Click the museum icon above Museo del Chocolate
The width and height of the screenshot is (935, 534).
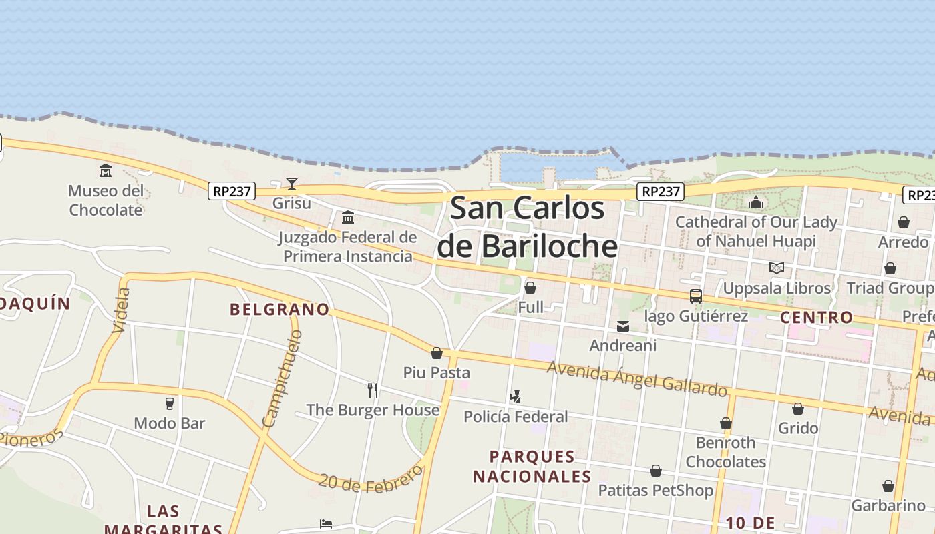(106, 171)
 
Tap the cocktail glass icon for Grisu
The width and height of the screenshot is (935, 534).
(292, 183)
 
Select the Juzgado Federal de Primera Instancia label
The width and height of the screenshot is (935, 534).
(347, 246)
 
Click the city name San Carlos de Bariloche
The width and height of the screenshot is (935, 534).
(527, 227)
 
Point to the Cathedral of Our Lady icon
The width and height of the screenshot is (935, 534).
(756, 202)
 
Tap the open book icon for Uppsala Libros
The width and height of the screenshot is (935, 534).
(776, 268)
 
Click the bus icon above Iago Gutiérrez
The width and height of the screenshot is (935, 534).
(695, 296)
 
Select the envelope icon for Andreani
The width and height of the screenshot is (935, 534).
(623, 326)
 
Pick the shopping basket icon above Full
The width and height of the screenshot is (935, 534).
(530, 288)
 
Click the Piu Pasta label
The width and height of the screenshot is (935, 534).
(437, 372)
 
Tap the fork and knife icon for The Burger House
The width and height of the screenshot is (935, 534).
(373, 390)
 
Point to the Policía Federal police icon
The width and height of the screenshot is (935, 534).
(515, 397)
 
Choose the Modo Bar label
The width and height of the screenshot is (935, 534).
(170, 423)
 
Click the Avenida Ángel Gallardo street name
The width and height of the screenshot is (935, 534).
(636, 378)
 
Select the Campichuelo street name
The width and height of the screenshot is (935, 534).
(283, 378)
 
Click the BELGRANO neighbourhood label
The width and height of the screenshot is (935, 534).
(280, 309)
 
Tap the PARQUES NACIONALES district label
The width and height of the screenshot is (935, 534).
(532, 466)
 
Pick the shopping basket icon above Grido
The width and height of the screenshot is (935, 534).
(797, 409)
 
